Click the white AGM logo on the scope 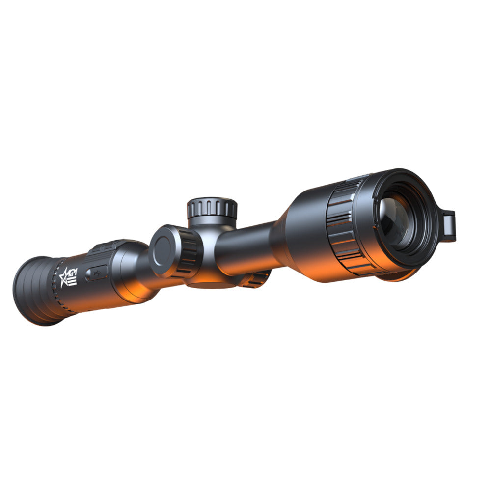coord(68,277)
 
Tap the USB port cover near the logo coord(96,273)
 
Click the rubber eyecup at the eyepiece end coord(35,291)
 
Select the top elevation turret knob coord(212,208)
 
